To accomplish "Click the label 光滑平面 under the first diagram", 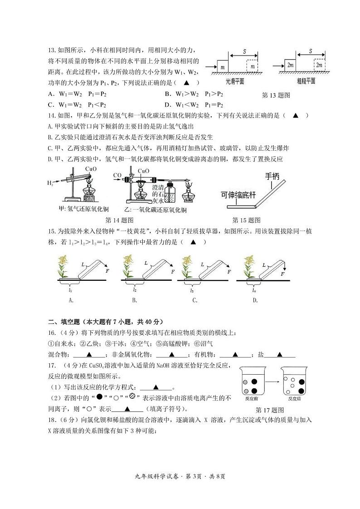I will coord(235,81).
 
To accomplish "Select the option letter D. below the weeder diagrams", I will coord(255,300).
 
